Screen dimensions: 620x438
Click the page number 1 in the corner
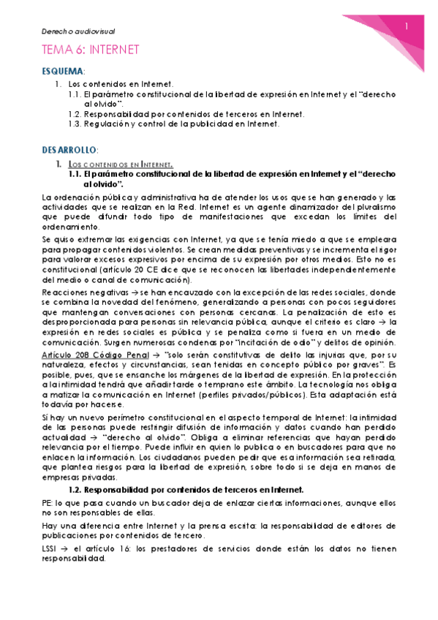point(407,27)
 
